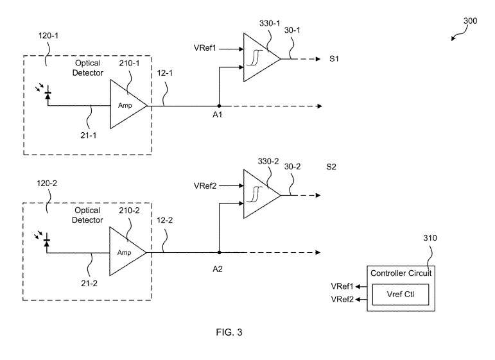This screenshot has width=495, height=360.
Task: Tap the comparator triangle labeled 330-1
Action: pos(259,59)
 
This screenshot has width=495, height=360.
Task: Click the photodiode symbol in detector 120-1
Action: pos(47,94)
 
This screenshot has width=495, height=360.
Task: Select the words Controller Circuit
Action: pos(401,273)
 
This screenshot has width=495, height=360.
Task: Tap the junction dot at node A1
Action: pos(219,105)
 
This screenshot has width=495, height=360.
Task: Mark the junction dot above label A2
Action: pos(219,252)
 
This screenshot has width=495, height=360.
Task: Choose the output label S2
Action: pos(331,167)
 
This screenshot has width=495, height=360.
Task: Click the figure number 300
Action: pos(470,21)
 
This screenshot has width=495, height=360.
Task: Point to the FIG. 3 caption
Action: pos(229,332)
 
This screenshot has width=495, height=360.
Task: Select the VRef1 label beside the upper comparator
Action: pos(205,48)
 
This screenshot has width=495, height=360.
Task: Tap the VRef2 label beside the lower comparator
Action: pos(205,185)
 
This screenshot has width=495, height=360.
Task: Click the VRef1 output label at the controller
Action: pos(342,286)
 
